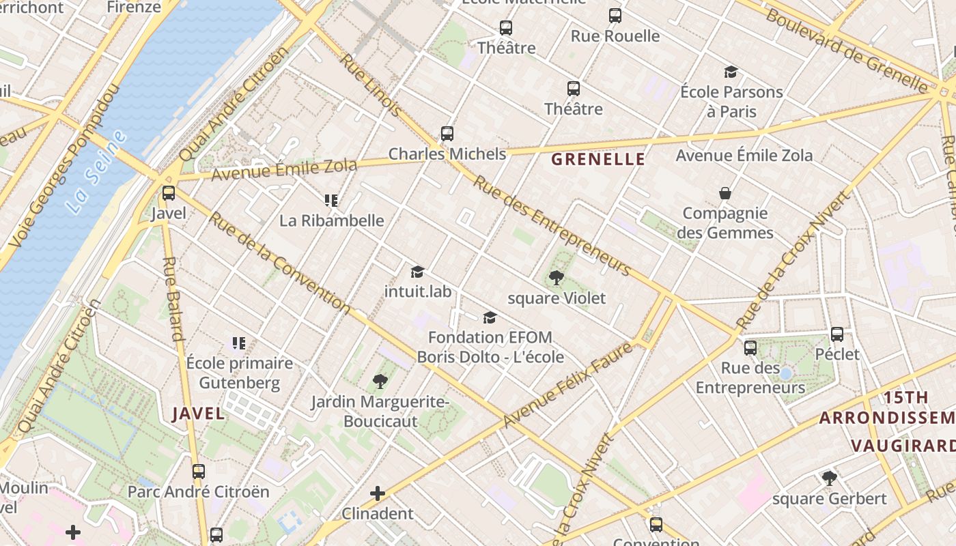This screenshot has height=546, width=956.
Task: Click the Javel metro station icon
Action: click(169, 193)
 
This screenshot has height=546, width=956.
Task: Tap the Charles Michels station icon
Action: click(447, 134)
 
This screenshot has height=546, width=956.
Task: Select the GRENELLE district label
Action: click(597, 159)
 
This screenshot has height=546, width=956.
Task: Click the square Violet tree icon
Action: click(557, 278)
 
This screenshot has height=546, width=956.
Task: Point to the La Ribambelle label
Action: click(332, 220)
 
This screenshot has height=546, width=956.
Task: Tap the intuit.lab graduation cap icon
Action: click(418, 272)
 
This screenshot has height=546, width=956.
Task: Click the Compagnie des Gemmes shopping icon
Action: click(725, 194)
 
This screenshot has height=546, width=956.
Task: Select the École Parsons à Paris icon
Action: click(731, 72)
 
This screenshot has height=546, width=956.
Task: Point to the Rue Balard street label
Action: click(173, 298)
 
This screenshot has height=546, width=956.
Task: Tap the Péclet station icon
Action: click(837, 334)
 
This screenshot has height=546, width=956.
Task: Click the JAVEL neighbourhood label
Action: click(198, 413)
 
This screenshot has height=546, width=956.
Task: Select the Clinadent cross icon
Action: click(378, 493)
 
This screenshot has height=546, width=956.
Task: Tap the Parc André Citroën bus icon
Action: click(199, 471)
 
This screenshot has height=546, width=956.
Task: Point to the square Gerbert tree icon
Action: click(830, 478)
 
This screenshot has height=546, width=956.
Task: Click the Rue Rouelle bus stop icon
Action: click(615, 16)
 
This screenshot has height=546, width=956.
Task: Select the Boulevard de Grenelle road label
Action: click(847, 51)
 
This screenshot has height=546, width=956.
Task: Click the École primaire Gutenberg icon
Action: click(239, 343)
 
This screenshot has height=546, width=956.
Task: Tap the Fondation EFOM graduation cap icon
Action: click(490, 317)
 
